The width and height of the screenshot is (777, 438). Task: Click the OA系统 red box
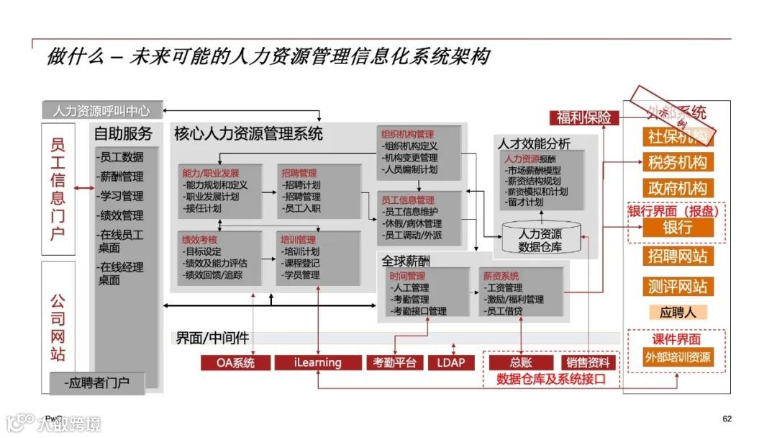coord(235,362)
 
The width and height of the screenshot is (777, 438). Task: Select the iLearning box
coord(317,362)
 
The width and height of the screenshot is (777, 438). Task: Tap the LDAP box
coord(451,362)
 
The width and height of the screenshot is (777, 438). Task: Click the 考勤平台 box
coord(394,362)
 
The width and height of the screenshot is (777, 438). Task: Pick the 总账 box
coord(521,362)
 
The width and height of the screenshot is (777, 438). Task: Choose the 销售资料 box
coord(588,362)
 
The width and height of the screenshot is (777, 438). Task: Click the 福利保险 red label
coord(583,117)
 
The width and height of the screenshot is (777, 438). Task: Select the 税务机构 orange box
coord(677,162)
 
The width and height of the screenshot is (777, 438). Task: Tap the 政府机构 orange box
coord(677,189)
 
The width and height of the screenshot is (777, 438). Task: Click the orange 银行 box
coord(677,227)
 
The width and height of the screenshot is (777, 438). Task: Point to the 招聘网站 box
coord(677,256)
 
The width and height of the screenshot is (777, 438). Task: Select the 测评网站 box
coord(677,286)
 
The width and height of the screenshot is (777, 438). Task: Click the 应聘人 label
coord(677,312)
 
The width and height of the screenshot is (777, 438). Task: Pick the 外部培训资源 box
coord(677,357)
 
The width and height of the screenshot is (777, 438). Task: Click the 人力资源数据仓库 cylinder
coord(540,240)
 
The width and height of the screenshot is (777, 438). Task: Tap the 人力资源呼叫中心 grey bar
coord(101,111)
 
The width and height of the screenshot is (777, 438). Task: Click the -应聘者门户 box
coord(97,383)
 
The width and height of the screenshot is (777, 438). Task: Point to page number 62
coord(727,419)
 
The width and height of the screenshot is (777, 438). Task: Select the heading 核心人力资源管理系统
coord(248,133)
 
